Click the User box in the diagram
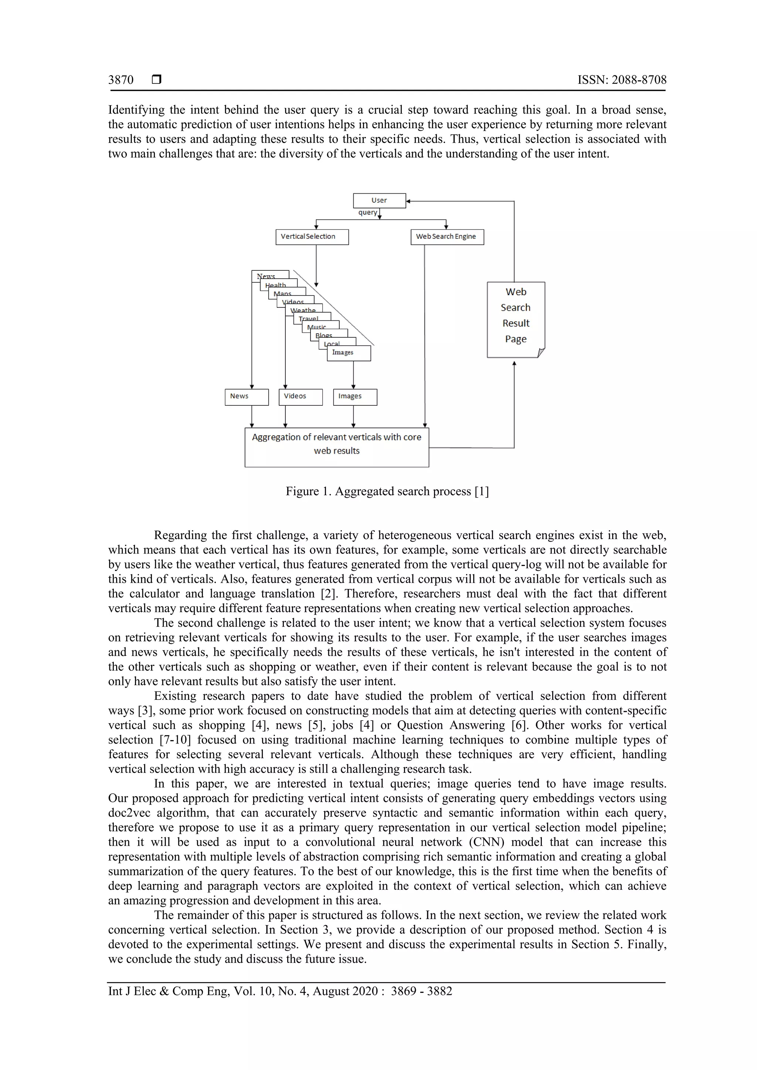click(379, 200)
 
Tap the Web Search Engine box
click(447, 237)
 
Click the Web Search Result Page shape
click(516, 319)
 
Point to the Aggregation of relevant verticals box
click(337, 447)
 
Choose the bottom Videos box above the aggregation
click(300, 397)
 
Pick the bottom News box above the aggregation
click(246, 397)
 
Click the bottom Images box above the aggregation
click(355, 397)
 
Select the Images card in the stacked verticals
click(349, 353)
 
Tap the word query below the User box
click(367, 212)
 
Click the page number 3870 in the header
click(121, 80)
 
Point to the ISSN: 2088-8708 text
click(622, 80)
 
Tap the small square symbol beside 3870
click(157, 80)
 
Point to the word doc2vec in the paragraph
click(129, 813)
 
